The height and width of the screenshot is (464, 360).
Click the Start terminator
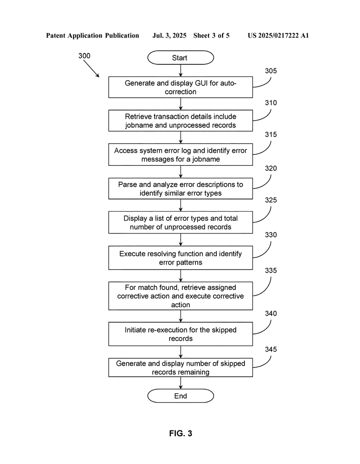tap(180, 58)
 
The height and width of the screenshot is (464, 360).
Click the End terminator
tap(180, 396)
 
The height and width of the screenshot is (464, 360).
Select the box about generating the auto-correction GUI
tap(180, 87)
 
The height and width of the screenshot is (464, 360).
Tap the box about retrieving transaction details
tap(180, 121)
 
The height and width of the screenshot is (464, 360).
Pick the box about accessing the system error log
tap(180, 155)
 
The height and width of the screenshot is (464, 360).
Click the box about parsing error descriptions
tap(180, 188)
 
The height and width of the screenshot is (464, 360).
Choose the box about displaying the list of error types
tap(180, 222)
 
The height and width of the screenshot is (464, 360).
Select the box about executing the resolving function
tap(180, 258)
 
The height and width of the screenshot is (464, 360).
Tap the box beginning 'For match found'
tap(180, 296)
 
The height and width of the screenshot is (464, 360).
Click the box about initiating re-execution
tap(180, 334)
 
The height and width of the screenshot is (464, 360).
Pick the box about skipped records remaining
tap(180, 367)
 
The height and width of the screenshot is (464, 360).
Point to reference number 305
tap(271, 71)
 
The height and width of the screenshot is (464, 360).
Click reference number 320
tap(271, 169)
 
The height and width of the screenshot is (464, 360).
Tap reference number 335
tap(271, 271)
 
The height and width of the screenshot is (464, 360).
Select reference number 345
tap(271, 349)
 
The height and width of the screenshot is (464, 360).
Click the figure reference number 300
tap(84, 56)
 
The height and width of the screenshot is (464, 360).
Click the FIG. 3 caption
tap(180, 433)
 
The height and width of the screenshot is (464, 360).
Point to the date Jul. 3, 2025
tap(169, 35)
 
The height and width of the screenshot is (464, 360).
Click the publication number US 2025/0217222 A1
tap(278, 35)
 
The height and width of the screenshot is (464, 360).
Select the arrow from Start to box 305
tap(180, 70)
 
